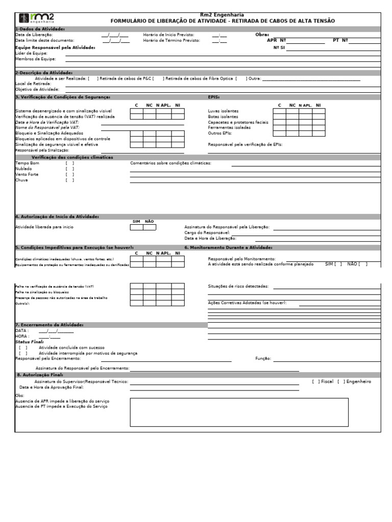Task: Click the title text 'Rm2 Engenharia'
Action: coord(223,15)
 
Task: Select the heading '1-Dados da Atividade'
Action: coord(40,30)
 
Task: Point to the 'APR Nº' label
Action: coord(276,40)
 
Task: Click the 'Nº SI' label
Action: coord(279,47)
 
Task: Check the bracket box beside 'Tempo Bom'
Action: coord(70,163)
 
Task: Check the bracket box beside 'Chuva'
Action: coord(70,180)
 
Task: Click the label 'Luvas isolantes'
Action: coord(223,111)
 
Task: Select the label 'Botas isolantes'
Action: coord(223,117)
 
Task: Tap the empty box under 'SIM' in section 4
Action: coord(136,227)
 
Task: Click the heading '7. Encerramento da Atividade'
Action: coord(50,325)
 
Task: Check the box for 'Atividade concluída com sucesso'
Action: coord(23,347)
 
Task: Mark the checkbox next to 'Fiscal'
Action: coord(316,381)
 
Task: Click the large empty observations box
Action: coord(239,412)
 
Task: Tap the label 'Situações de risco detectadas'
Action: coord(238,286)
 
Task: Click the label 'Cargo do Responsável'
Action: coord(207,232)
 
